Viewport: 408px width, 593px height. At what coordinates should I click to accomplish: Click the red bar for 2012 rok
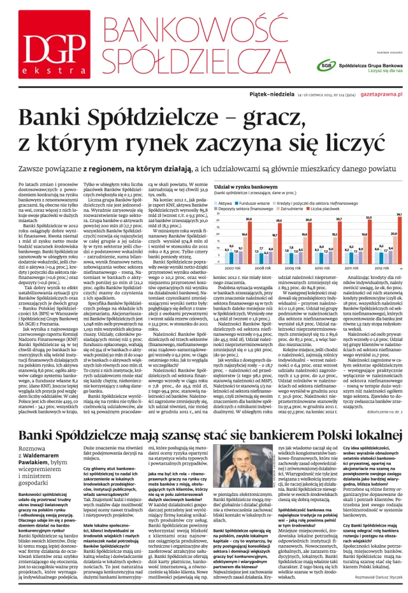pyautogui.click(x=398, y=246)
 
